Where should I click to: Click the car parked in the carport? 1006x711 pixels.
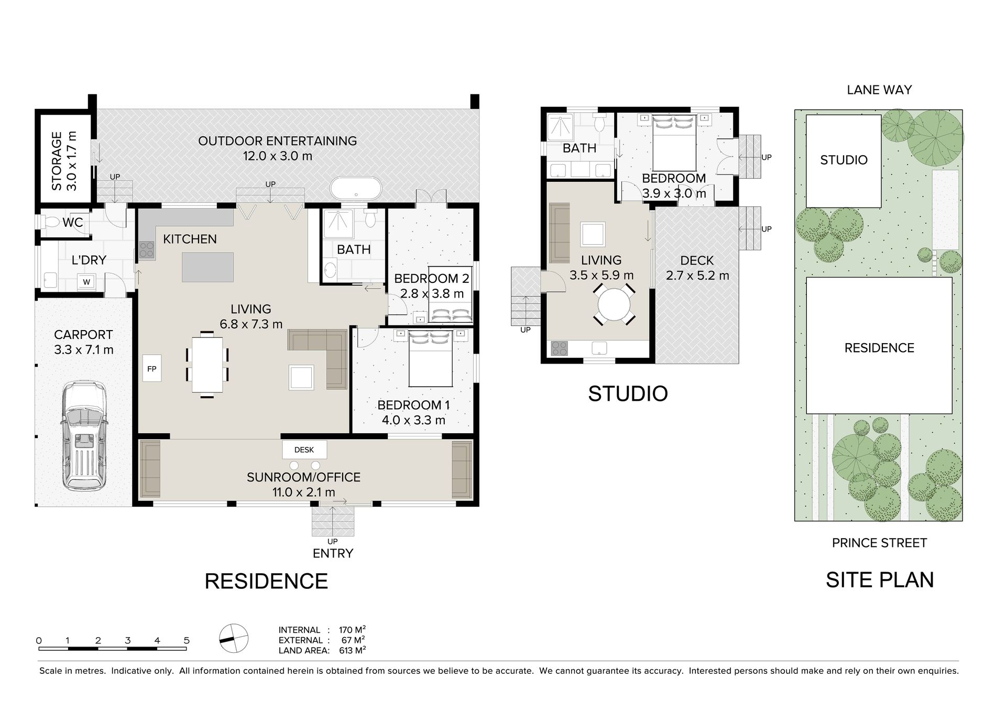[84, 435]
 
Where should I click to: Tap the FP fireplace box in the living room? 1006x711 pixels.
[151, 369]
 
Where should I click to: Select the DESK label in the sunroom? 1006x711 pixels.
[304, 450]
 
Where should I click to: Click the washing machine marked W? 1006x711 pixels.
[86, 282]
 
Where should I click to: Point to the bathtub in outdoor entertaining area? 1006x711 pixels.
[356, 187]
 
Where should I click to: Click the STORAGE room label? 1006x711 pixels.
[64, 161]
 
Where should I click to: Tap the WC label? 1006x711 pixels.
[72, 222]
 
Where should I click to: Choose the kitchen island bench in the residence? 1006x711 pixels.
[208, 267]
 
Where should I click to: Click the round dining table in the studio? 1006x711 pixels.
[615, 305]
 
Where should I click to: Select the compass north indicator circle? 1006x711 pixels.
[233, 639]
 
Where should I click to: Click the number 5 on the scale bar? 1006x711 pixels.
[187, 640]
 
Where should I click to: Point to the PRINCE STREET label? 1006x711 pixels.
[879, 543]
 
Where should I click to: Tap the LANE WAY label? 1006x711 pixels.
[879, 90]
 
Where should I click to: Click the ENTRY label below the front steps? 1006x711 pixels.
[333, 553]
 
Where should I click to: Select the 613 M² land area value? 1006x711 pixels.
[352, 650]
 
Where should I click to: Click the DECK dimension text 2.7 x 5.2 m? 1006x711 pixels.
[697, 276]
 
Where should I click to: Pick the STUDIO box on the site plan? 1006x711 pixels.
[844, 161]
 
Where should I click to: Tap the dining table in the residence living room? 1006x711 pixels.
[207, 365]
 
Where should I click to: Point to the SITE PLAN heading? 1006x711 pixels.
[880, 580]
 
